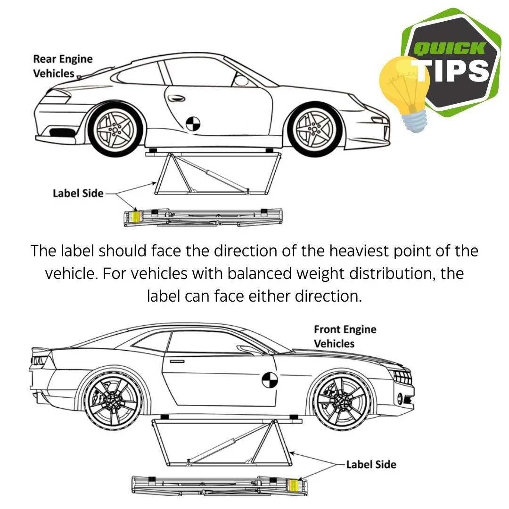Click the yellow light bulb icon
[405, 91]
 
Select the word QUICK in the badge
[449, 49]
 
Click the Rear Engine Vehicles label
[63, 66]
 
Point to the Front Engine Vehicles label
[345, 337]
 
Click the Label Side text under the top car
[78, 194]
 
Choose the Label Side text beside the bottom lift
[371, 465]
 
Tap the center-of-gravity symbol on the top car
[193, 123]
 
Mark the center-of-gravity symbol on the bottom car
[270, 380]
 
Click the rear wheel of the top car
[116, 131]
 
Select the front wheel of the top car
[314, 130]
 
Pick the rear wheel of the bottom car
[113, 401]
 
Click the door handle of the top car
[176, 98]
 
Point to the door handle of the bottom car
[177, 361]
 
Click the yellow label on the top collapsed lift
[137, 216]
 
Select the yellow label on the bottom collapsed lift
[293, 485]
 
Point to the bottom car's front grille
[402, 377]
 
